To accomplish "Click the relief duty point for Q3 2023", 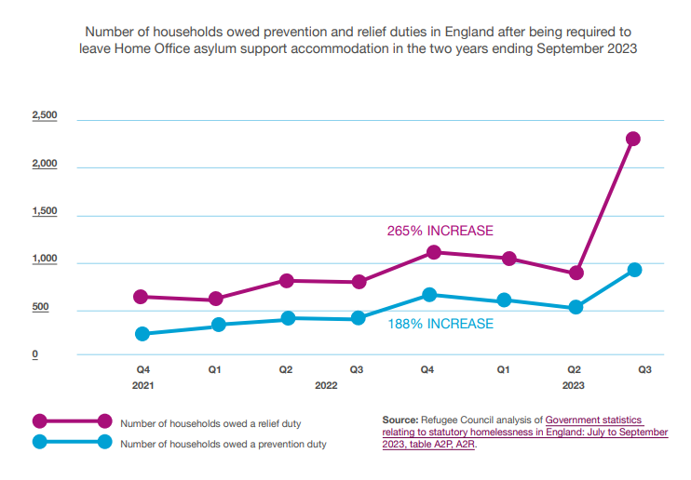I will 633,139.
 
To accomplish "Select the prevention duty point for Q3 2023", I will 634,270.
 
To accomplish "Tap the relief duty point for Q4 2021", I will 141,297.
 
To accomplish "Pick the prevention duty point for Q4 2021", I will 142,334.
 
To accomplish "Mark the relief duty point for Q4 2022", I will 433,252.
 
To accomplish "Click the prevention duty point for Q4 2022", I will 429,295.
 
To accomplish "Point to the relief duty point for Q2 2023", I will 576,273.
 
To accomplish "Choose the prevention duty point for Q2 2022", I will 288,318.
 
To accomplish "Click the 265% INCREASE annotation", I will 440,231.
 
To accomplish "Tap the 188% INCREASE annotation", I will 440,324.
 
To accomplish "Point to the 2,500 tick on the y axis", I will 45,115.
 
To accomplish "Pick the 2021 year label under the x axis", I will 142,384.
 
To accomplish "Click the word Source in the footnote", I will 400,420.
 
